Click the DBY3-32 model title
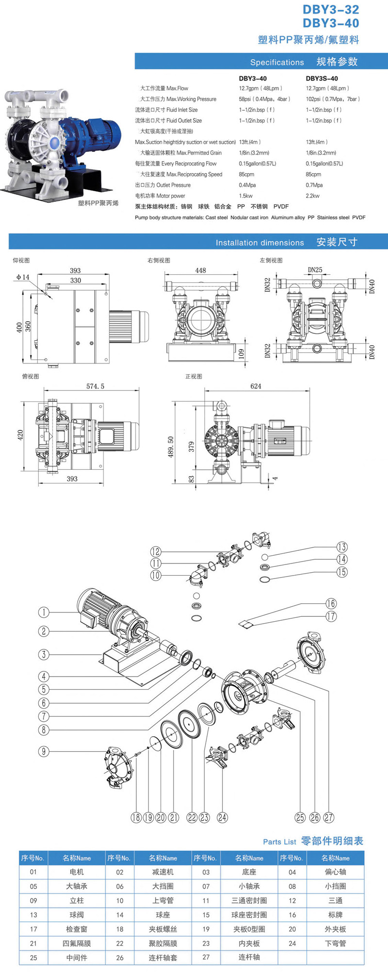tap(331, 9)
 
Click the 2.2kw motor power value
tap(312, 196)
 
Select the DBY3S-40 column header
tap(322, 78)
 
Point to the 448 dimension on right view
tap(200, 270)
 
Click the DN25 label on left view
tap(315, 270)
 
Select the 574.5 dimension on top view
tap(95, 386)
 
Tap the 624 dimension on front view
tap(256, 386)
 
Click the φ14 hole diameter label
tap(22, 277)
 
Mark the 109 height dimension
tap(242, 353)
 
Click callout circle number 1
tap(44, 612)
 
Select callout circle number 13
tap(342, 547)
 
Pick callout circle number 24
tap(222, 817)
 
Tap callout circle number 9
tap(44, 751)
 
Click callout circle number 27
tap(329, 817)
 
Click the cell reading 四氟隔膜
tap(77, 943)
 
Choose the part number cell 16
tap(292, 915)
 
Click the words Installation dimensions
tap(259, 243)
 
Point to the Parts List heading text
tap(279, 842)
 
